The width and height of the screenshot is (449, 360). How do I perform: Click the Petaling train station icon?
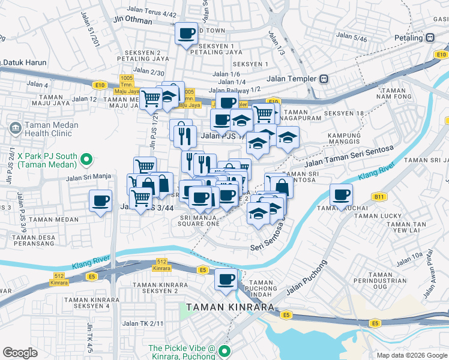[x=430, y=37]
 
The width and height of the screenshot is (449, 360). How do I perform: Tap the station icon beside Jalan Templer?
[x=324, y=79]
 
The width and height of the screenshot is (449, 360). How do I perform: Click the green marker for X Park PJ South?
[x=86, y=160]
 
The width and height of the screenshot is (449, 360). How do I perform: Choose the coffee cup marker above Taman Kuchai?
[x=342, y=195]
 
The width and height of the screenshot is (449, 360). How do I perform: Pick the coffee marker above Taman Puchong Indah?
[x=226, y=279]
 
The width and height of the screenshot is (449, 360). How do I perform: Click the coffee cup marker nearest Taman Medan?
[x=101, y=201]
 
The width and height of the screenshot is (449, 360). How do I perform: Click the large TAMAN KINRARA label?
[x=230, y=307]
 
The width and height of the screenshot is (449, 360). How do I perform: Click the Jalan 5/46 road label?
[x=351, y=37]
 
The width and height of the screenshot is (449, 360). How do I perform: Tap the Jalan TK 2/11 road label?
[x=143, y=323]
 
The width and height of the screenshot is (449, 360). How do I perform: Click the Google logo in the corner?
[x=20, y=353]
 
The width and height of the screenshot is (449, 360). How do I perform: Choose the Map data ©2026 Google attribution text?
[x=411, y=355]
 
